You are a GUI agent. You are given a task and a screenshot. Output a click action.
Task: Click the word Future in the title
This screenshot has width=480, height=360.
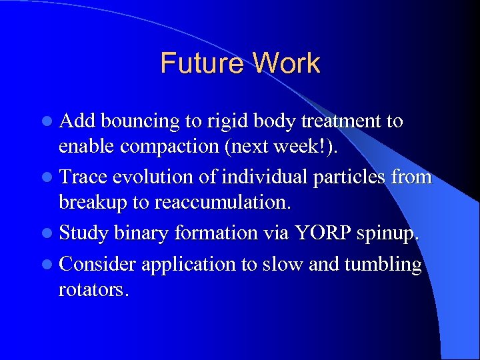[201, 64]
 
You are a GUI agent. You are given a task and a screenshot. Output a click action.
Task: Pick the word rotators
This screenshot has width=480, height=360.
[93, 291]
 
